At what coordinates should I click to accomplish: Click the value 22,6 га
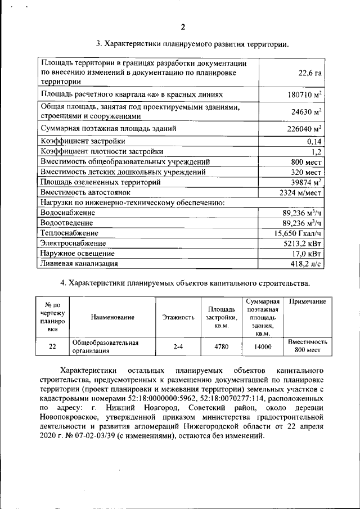click(310, 73)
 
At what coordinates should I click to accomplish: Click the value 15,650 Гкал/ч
click(298, 233)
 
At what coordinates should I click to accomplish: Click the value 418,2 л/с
click(306, 263)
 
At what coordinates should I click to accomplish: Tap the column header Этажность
click(178, 317)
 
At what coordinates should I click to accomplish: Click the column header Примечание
click(307, 302)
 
